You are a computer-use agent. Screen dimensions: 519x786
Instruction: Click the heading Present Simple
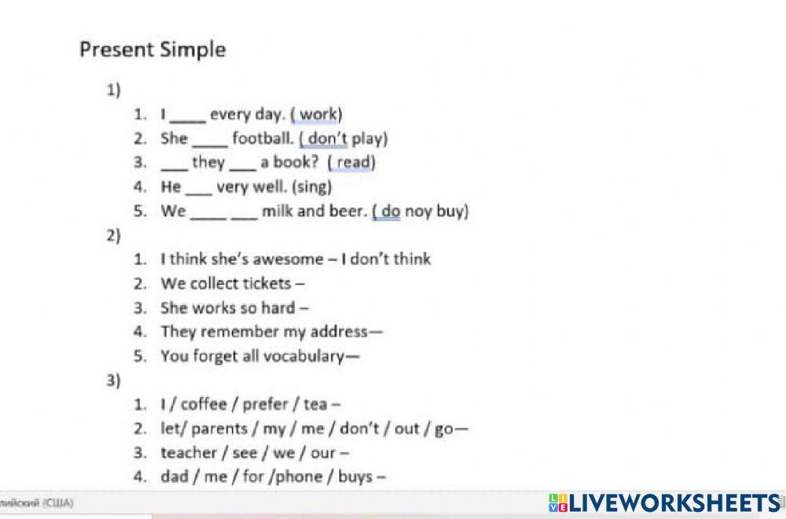[152, 50]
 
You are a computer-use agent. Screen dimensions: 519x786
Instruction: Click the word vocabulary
[303, 356]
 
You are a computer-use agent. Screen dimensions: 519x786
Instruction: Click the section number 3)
[114, 381]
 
